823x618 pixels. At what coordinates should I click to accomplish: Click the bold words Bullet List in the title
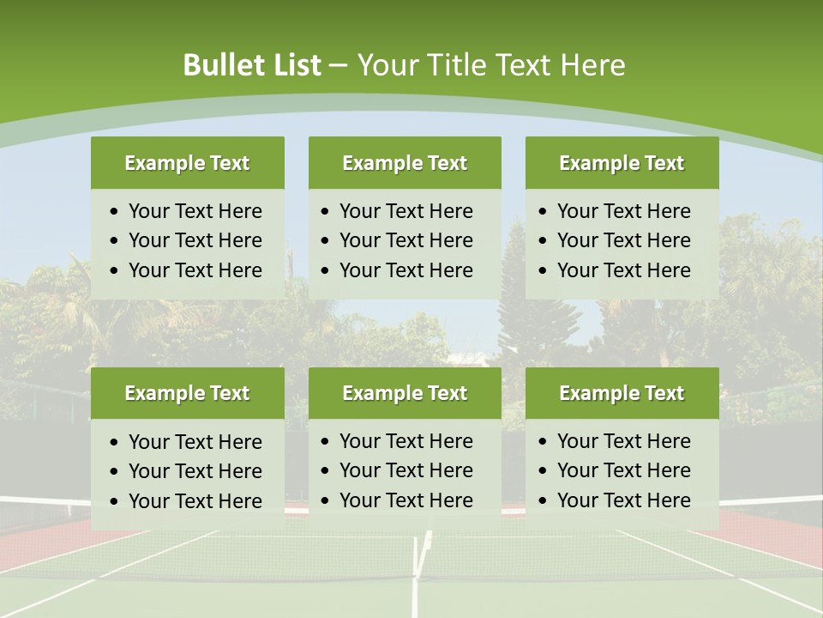[252, 65]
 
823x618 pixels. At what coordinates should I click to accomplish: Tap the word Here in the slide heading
[592, 65]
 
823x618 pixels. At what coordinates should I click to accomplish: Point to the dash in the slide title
[338, 65]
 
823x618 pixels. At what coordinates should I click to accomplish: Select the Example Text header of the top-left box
[187, 163]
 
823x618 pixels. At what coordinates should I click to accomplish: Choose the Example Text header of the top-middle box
[405, 163]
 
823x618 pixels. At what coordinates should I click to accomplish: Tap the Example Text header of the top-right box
[622, 163]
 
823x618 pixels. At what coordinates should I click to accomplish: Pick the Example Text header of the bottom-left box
[187, 393]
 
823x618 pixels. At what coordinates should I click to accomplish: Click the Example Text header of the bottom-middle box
[405, 393]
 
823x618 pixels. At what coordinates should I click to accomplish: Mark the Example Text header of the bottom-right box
[622, 393]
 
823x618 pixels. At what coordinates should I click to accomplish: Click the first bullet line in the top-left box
[195, 211]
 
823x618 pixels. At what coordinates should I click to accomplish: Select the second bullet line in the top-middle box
[405, 240]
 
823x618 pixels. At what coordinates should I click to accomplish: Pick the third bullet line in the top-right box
[623, 270]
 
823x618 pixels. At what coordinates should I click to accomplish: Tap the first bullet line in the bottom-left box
[195, 442]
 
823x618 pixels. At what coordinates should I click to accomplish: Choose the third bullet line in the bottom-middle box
[405, 500]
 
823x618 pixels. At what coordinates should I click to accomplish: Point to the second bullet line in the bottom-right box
[623, 470]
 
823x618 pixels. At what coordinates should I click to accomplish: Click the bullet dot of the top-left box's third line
[115, 271]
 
